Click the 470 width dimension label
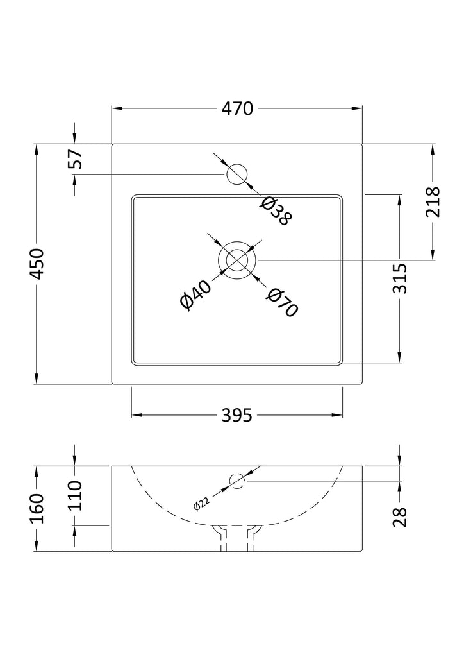[238, 109]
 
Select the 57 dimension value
[76, 158]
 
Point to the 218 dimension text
[434, 202]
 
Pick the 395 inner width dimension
[236, 416]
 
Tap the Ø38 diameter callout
[276, 211]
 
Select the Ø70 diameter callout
[282, 302]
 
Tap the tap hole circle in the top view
[237, 173]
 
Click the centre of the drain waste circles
[237, 260]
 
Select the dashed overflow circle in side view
[238, 481]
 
